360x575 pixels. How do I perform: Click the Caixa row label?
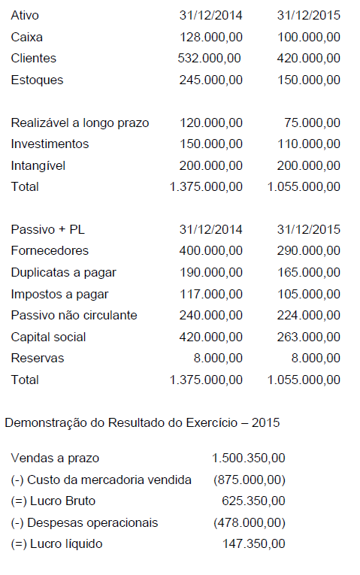click(x=28, y=37)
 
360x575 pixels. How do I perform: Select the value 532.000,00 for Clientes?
click(x=210, y=58)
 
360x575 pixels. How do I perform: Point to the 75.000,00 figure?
click(x=312, y=123)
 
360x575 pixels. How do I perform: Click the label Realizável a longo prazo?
click(x=80, y=123)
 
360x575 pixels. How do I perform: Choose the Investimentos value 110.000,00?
click(x=308, y=144)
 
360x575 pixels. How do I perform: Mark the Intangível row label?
click(x=38, y=165)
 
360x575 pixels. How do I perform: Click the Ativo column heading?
click(x=25, y=15)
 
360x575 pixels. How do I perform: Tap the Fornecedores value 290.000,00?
click(x=308, y=250)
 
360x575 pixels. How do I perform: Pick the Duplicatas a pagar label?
click(x=64, y=272)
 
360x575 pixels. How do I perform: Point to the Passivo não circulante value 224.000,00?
click(x=308, y=316)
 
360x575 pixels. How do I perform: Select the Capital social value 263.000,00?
click(x=308, y=337)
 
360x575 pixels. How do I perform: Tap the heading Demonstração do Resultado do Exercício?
click(x=142, y=422)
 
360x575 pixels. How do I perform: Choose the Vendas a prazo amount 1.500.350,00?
click(x=248, y=458)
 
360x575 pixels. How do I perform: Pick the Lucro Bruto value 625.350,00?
click(x=253, y=501)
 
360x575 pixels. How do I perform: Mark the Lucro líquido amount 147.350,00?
click(x=253, y=543)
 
